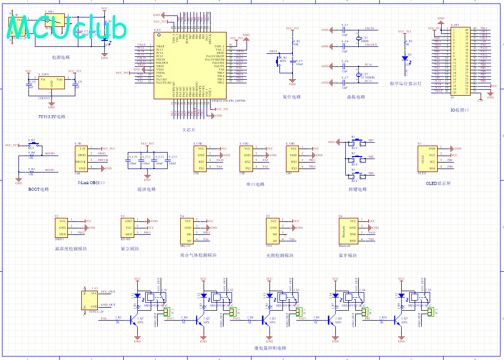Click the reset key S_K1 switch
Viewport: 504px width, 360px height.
279,61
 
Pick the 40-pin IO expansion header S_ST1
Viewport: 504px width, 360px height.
460,61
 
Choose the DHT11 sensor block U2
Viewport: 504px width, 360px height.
62,227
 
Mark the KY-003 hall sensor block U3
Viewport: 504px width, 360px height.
128,227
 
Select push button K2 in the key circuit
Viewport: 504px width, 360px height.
355,158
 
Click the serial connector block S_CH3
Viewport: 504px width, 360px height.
294,158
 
